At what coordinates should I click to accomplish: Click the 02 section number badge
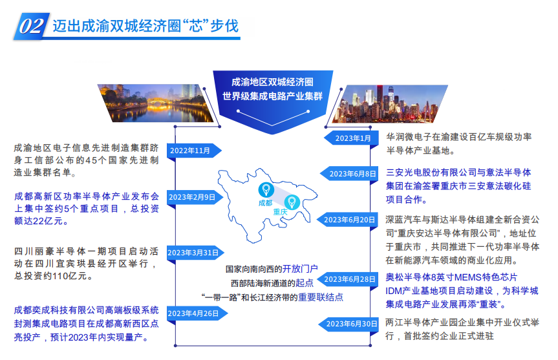pyautogui.click(x=31, y=26)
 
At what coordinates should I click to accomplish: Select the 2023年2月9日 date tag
pyautogui.click(x=195, y=197)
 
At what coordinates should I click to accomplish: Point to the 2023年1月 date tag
pyautogui.click(x=351, y=138)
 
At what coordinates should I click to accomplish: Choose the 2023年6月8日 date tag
pyautogui.click(x=349, y=174)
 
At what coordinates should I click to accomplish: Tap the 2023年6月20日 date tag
pyautogui.click(x=347, y=220)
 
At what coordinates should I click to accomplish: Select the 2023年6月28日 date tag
pyautogui.click(x=348, y=279)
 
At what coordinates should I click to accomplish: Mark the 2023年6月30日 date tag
pyautogui.click(x=349, y=324)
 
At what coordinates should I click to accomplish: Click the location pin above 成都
pyautogui.click(x=266, y=189)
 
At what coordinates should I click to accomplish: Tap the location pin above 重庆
pyautogui.click(x=292, y=202)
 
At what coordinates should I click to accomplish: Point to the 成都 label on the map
pyautogui.click(x=266, y=203)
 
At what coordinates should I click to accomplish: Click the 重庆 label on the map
pyautogui.click(x=280, y=212)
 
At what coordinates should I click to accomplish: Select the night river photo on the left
pyautogui.click(x=156, y=103)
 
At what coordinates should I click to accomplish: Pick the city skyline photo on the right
pyautogui.click(x=391, y=104)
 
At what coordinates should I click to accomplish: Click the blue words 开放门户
pyautogui.click(x=300, y=269)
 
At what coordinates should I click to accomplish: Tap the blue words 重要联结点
pyautogui.click(x=321, y=297)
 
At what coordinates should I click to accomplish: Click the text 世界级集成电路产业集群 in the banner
pyautogui.click(x=273, y=96)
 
